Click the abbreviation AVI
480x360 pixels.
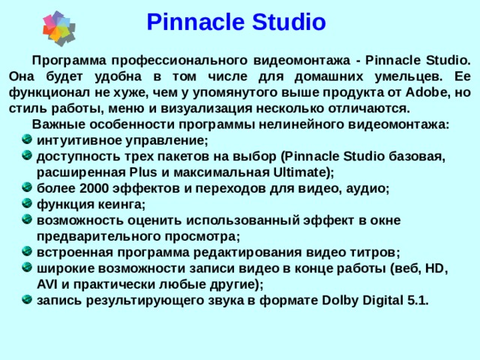click(x=48, y=284)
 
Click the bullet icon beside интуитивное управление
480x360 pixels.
click(x=27, y=139)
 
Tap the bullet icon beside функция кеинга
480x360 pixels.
click(x=27, y=204)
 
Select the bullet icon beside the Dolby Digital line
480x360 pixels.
click(x=27, y=301)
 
